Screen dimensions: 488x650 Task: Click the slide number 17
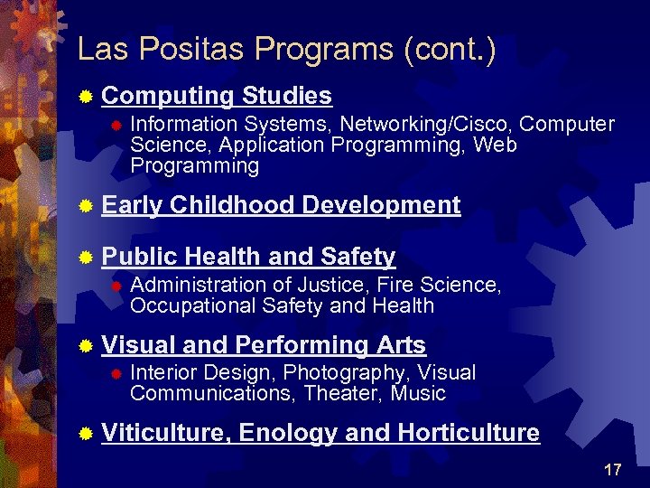click(613, 469)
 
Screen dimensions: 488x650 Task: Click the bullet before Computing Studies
click(86, 96)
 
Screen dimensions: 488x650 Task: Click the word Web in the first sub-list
click(495, 145)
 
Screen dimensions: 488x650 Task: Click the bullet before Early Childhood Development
click(86, 206)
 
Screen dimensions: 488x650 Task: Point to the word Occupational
click(193, 305)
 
